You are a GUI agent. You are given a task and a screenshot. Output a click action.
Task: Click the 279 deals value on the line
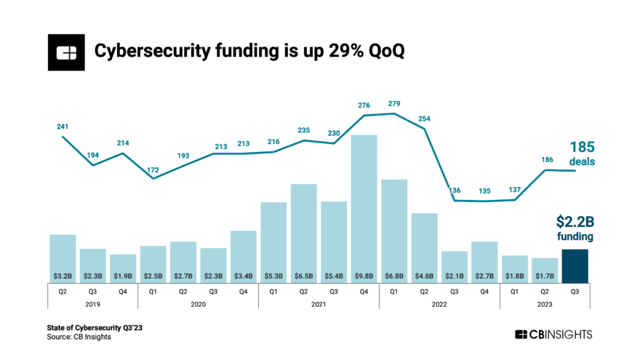tap(394, 104)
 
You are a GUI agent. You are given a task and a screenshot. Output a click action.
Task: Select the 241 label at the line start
tap(63, 126)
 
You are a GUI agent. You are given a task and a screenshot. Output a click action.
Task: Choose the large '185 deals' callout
tap(581, 153)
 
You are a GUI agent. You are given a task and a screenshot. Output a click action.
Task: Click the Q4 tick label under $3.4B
tap(243, 290)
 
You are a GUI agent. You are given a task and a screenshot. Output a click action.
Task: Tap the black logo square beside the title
tap(67, 52)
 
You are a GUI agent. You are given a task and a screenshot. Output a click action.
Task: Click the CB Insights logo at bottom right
tap(553, 334)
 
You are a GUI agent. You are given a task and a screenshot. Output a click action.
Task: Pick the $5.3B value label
tap(273, 276)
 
